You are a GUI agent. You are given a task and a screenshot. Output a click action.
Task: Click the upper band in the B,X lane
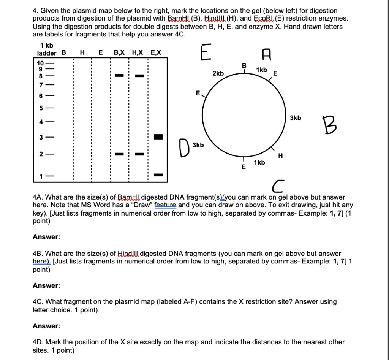119,76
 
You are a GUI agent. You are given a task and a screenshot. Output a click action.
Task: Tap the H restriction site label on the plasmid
280,155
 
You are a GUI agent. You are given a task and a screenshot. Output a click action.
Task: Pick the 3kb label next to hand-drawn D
198,145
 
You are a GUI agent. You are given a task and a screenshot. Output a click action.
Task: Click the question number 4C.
38,301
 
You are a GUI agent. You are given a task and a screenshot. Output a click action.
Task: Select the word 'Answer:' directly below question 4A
46,237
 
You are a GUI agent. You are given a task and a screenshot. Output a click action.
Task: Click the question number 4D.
38,342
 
